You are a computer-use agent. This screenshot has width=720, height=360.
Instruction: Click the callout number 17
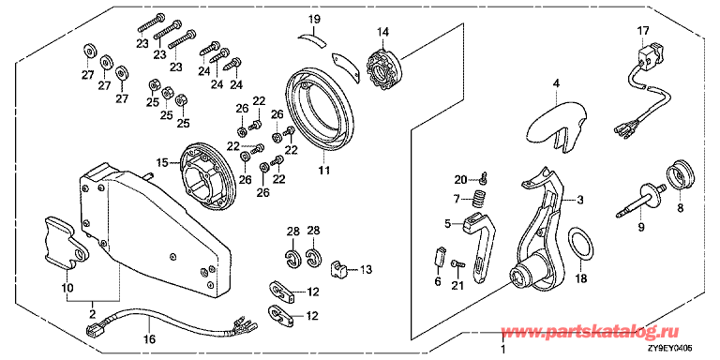(643, 31)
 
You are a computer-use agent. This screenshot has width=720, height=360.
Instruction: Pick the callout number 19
(314, 20)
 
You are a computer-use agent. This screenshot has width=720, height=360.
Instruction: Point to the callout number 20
(459, 179)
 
